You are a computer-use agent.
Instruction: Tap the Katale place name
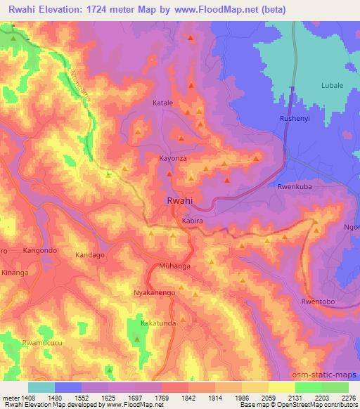(x=162, y=103)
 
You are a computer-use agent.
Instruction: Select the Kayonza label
(x=173, y=160)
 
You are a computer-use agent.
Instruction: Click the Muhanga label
(x=174, y=267)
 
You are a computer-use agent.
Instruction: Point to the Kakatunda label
(x=158, y=324)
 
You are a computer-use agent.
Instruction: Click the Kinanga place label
(x=15, y=271)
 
